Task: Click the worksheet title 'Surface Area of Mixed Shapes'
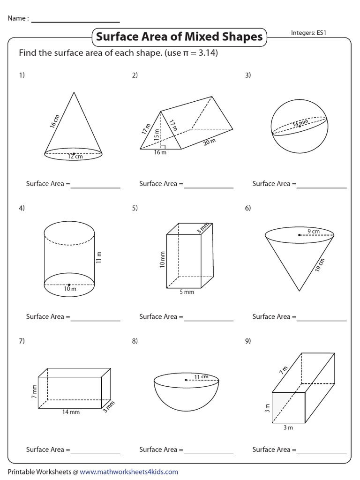[179, 37]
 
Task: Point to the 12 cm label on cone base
[75, 157]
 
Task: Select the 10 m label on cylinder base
[69, 289]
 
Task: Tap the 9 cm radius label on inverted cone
[314, 231]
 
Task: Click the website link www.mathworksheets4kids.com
[129, 472]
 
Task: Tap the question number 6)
[248, 208]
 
